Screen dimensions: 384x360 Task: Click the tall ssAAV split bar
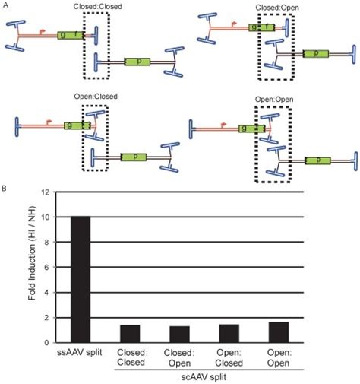click(x=78, y=279)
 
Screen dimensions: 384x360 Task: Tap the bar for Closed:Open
click(x=180, y=335)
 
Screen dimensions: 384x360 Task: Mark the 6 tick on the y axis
click(x=46, y=268)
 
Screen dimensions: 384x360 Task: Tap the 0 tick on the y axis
click(x=46, y=342)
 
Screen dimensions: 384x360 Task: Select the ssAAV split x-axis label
click(x=78, y=354)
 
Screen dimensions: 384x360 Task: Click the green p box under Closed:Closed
click(x=135, y=61)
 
